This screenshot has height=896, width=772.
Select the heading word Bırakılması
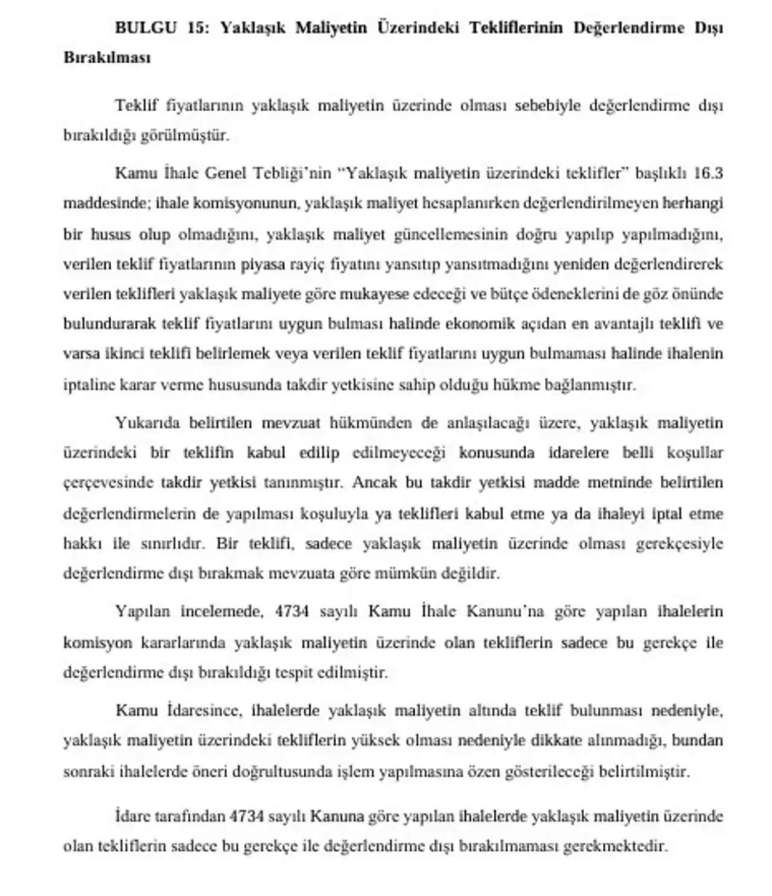[107, 58]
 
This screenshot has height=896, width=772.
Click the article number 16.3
[708, 174]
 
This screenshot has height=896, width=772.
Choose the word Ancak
[372, 483]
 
